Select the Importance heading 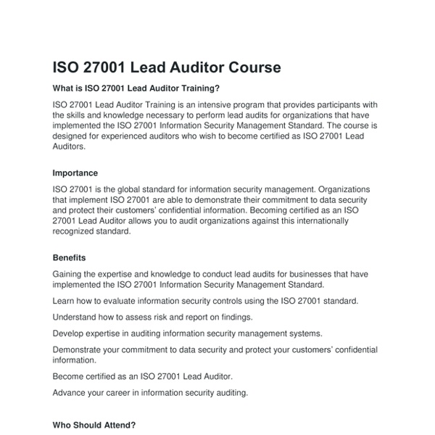tap(75, 173)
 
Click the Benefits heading tap(70, 257)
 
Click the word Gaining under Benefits tap(70, 274)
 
